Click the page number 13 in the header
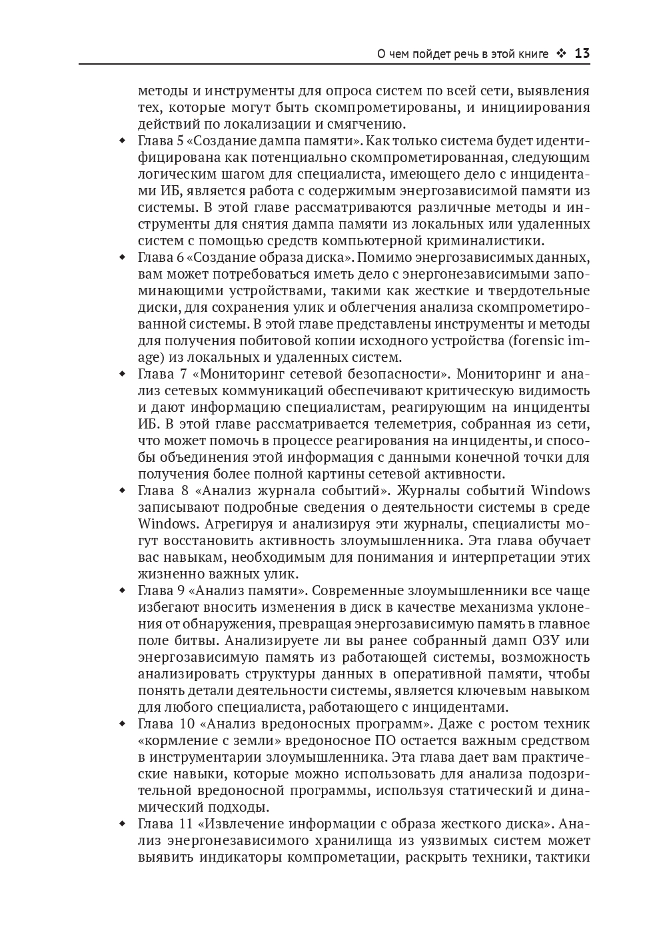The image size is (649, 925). pyautogui.click(x=582, y=53)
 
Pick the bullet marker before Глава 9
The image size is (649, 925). pyautogui.click(x=122, y=590)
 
